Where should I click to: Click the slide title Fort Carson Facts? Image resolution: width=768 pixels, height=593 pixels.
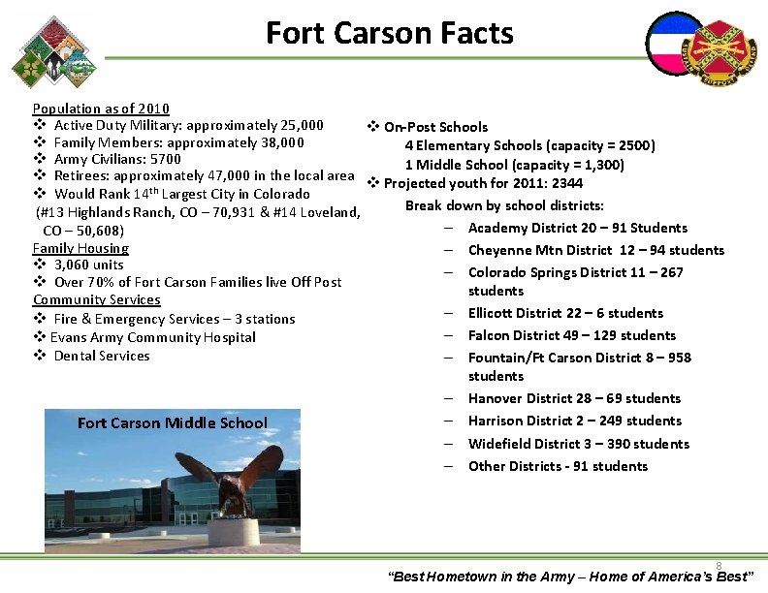389,33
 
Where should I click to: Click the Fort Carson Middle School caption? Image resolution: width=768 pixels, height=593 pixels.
173,422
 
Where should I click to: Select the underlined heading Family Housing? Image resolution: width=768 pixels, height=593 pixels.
80,248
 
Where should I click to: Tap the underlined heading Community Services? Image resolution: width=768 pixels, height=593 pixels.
95,300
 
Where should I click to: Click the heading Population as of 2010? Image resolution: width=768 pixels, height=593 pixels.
101,109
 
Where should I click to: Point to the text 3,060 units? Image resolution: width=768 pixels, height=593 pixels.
89,265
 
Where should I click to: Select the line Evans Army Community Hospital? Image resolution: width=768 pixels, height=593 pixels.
153,337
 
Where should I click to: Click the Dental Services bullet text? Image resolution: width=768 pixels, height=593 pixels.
102,356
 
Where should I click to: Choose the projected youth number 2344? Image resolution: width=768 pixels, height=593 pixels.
567,184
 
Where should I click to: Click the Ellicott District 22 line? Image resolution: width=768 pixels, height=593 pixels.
565,313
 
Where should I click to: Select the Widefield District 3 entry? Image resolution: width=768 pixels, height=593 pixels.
578,444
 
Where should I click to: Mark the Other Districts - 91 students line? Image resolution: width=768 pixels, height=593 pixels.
558,466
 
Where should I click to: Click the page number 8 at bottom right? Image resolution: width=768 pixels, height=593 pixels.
719,566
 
